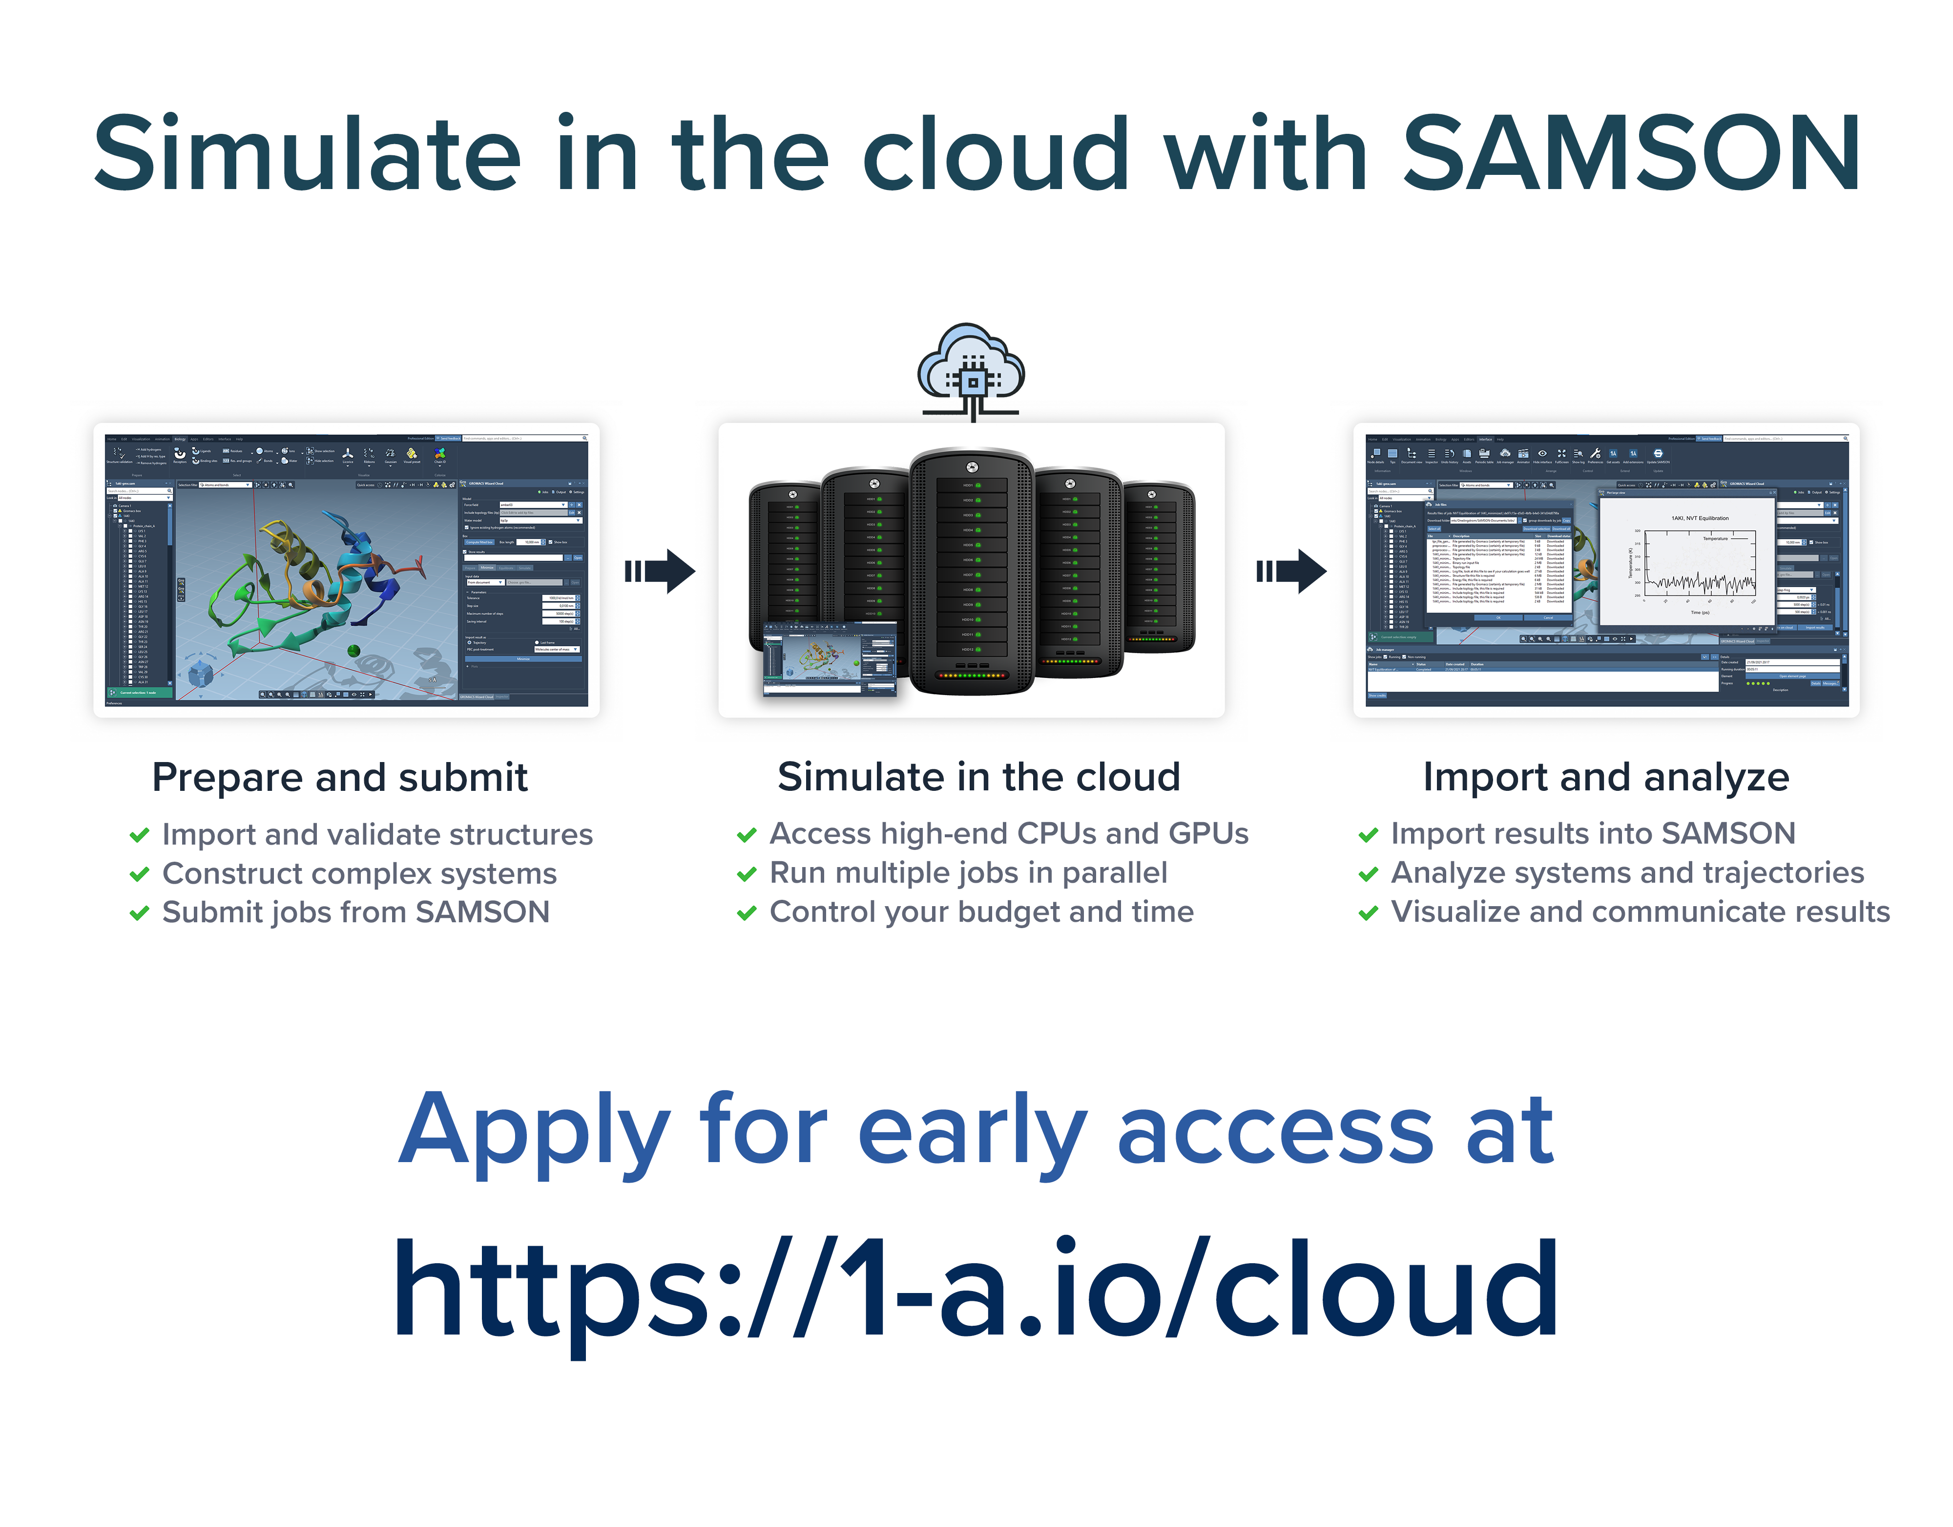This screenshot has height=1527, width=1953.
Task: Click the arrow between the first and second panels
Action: [x=660, y=571]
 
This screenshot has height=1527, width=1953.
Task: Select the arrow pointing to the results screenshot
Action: [x=1291, y=571]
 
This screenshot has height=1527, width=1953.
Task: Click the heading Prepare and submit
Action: [x=340, y=777]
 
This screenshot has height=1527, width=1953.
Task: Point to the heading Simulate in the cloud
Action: [x=978, y=777]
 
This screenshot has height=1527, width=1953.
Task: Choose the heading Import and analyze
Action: [x=1606, y=777]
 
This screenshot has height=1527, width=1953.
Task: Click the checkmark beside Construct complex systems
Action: [x=140, y=874]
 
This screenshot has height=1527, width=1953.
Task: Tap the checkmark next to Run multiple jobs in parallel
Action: [x=747, y=874]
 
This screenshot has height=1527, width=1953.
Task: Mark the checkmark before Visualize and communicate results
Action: [x=1368, y=913]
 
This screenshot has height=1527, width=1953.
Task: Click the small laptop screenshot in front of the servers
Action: [x=830, y=660]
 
